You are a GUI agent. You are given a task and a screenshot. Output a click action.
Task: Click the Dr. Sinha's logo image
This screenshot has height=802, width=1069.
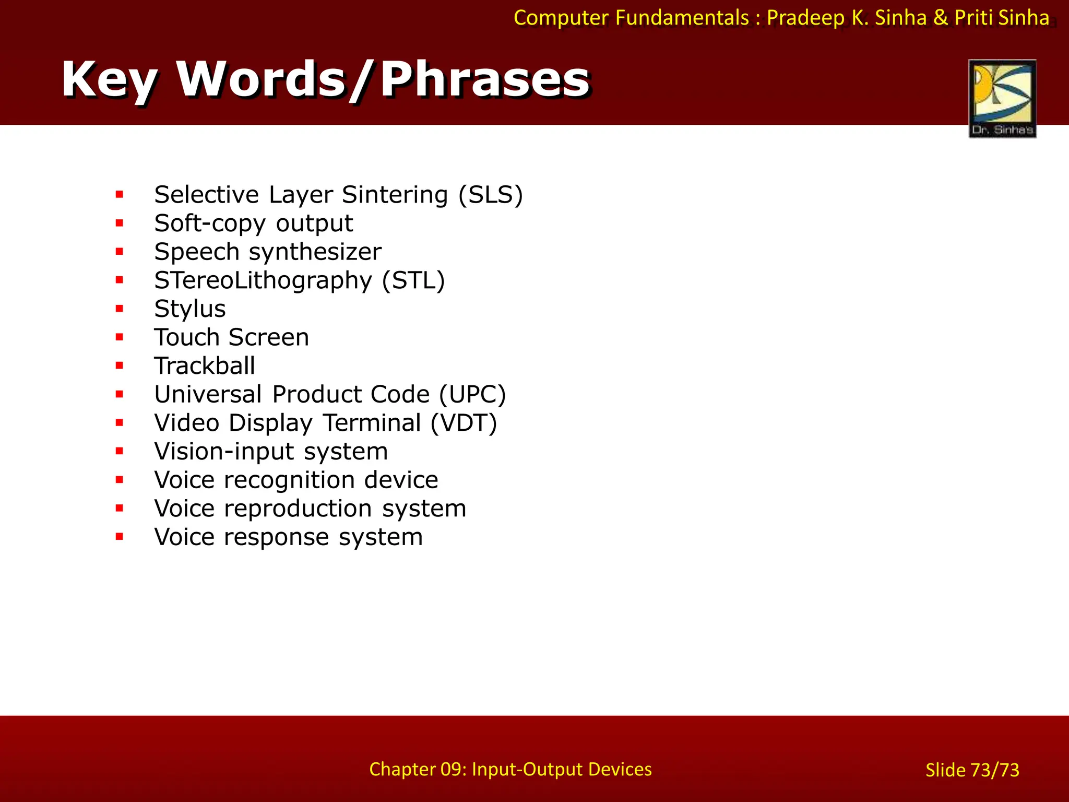pos(1002,98)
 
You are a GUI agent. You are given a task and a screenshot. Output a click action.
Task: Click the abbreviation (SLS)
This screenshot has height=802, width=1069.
pos(490,195)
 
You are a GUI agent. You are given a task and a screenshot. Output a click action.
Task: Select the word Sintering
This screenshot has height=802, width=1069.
pos(395,195)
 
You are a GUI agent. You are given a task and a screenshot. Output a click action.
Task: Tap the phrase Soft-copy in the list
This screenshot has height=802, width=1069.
pos(210,223)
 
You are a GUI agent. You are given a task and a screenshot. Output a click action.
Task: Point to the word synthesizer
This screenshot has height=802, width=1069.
pos(315,252)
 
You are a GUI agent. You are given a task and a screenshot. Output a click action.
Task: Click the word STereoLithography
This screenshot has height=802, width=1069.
pos(263,281)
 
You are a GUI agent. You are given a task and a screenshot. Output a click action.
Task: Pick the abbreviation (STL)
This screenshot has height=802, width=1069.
pos(413,280)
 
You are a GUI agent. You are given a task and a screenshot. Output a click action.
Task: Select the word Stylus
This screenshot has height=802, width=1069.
pos(190,309)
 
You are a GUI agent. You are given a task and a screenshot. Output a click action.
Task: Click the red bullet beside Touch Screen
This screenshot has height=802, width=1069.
pos(120,337)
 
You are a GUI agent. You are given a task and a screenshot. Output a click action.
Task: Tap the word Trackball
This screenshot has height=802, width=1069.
pos(205,366)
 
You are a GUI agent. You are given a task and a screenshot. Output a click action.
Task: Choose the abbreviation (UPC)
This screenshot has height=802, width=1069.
pos(472,395)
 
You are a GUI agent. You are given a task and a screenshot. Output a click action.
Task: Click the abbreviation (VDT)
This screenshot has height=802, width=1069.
pos(464,423)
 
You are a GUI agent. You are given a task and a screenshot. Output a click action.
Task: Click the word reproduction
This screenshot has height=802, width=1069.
pos(298,509)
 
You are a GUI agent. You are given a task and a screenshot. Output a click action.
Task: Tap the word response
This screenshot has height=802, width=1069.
pos(277,537)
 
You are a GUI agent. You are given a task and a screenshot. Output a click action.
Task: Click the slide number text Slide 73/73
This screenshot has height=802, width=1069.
pos(972,770)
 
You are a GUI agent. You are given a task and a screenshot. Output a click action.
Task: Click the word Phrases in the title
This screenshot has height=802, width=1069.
pos(485,79)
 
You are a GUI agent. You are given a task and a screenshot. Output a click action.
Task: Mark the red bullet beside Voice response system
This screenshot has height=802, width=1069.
pos(120,537)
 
